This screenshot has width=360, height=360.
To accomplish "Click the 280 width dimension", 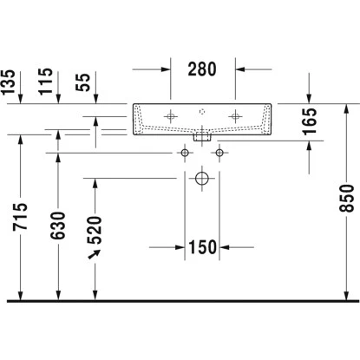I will tap(200, 69).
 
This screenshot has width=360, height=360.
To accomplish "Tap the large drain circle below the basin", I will tap(201, 180).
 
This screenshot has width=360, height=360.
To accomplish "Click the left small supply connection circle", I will tap(185, 154).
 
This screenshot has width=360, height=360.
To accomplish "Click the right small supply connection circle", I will tap(219, 154).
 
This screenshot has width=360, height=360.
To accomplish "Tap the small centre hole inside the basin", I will tap(201, 111).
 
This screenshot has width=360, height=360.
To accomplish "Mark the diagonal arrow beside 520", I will tap(94, 252).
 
